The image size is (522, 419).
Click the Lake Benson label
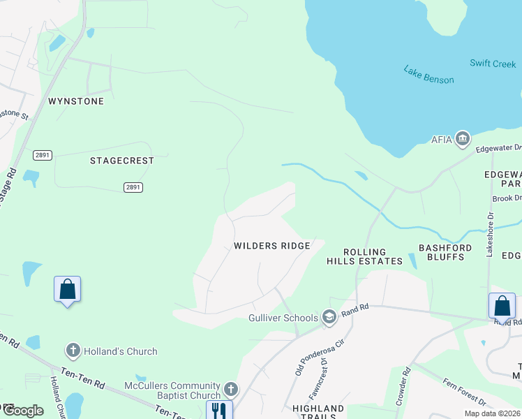point(428,74)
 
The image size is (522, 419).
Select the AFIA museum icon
point(462,140)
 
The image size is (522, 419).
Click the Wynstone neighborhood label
point(76,101)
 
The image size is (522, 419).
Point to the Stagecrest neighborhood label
point(122,161)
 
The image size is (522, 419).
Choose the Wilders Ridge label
point(272,246)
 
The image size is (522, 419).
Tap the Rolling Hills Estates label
point(365,256)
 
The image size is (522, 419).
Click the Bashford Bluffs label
point(445,252)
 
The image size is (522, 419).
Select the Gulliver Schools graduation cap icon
point(329,318)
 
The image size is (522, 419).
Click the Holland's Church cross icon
point(73,351)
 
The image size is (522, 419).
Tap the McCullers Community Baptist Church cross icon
point(232,388)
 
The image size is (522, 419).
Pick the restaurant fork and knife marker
point(218,410)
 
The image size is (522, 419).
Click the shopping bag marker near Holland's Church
point(68,288)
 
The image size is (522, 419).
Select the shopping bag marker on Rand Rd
point(502,306)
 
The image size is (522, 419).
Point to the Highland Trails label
point(318,413)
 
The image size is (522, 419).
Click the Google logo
point(22,411)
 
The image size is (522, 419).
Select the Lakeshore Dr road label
point(490,237)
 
